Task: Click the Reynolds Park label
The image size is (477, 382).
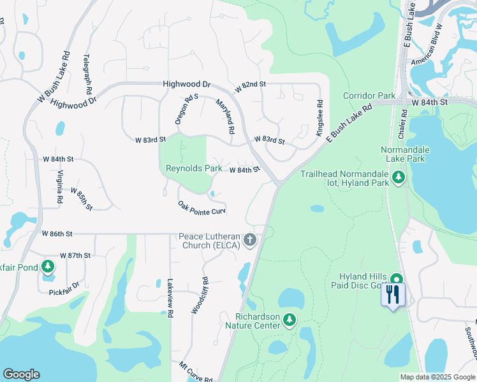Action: point(194,169)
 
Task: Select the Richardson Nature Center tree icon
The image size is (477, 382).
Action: point(290,318)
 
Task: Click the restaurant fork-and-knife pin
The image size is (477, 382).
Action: point(393,295)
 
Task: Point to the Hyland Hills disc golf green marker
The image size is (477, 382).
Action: point(397,279)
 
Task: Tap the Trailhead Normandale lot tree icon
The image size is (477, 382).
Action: point(399,177)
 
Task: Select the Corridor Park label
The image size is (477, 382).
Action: point(369,95)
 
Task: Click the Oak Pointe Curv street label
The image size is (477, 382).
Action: point(202,208)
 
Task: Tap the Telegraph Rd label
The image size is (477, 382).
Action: point(86,73)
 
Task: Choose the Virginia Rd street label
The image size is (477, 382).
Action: point(59,187)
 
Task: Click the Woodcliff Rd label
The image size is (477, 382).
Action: point(200,295)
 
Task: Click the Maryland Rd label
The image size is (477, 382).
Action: point(225,116)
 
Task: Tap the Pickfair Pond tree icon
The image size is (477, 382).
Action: point(48,265)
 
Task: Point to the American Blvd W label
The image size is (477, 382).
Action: point(427,45)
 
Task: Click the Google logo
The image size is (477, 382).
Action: point(21,374)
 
